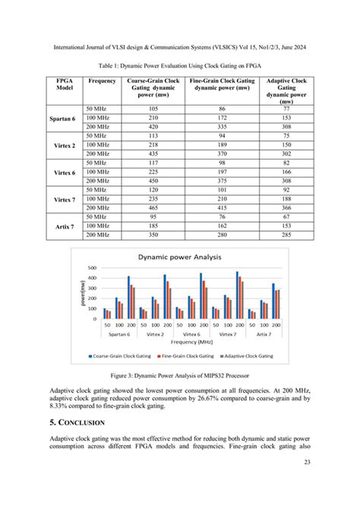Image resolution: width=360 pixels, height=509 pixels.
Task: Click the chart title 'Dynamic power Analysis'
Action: (179, 257)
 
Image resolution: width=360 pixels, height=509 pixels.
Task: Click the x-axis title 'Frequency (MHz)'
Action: (180, 343)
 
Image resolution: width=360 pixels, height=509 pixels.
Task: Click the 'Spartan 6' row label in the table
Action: (61, 119)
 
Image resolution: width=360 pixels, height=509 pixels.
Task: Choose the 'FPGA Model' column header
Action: (61, 84)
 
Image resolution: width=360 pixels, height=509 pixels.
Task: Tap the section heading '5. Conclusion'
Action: (76, 422)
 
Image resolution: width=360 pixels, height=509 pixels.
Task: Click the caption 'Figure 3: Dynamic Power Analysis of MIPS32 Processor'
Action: (179, 375)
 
